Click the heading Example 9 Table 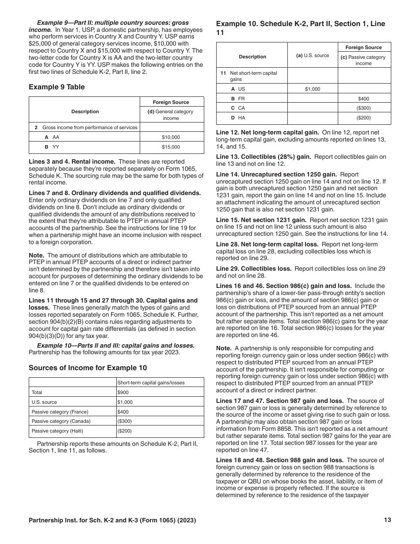(x=57, y=87)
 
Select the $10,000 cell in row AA (x=171, y=137)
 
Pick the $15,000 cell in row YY (x=171, y=147)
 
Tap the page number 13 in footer (x=388, y=520)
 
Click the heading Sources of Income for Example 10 (x=88, y=368)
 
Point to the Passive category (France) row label (x=60, y=412)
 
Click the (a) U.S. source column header (x=313, y=55)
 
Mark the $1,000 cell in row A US (x=313, y=89)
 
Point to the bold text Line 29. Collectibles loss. (x=254, y=268)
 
